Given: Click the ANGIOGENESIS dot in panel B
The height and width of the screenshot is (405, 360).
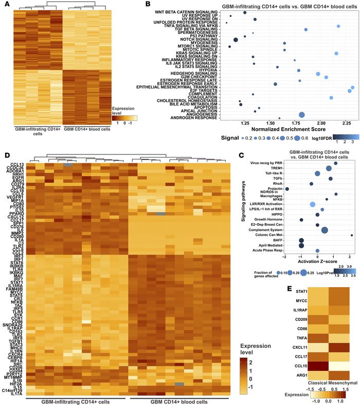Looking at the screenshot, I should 302,115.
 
